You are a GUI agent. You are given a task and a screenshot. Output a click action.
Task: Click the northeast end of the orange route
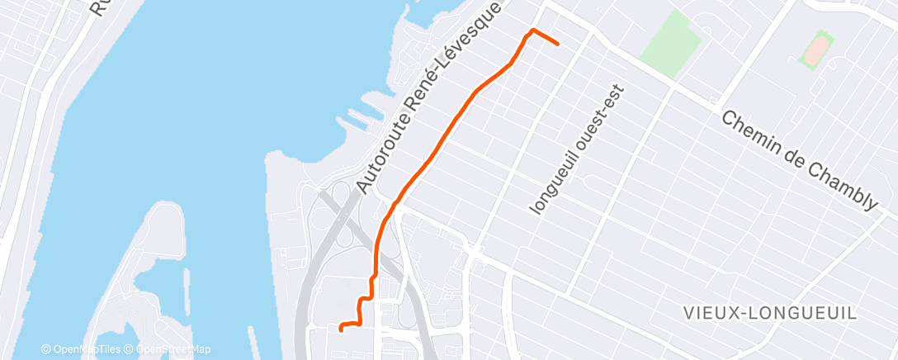558,43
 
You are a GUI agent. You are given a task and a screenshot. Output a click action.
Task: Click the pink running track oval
815,49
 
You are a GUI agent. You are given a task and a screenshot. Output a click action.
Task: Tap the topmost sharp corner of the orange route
532,31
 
